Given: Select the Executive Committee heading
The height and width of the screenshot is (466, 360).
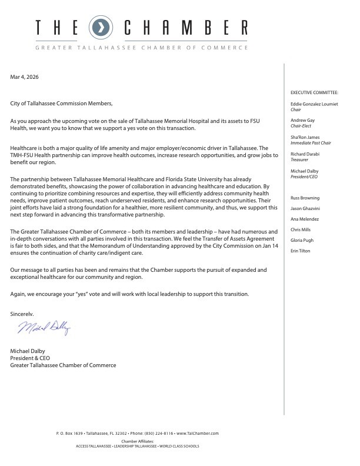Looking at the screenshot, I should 315,93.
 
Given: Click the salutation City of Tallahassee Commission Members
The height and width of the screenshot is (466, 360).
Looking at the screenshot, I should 61,104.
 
